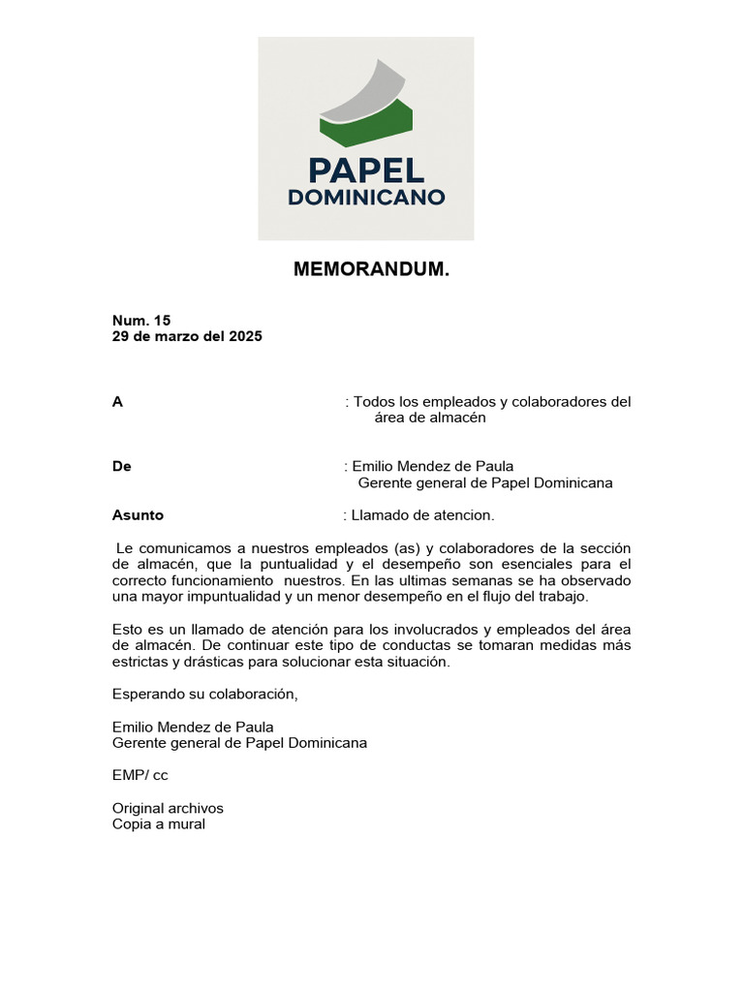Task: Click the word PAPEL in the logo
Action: click(x=366, y=170)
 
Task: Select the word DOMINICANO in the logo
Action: click(x=366, y=198)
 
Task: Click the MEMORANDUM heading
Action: click(x=371, y=270)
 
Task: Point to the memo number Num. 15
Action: click(x=141, y=320)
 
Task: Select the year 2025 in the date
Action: click(x=245, y=336)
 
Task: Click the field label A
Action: click(x=117, y=402)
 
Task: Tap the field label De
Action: click(x=122, y=466)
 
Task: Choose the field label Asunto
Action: click(x=138, y=515)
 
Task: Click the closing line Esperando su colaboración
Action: click(x=205, y=694)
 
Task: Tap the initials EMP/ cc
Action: click(x=140, y=775)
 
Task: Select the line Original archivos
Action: click(x=168, y=808)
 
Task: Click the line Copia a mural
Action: click(x=159, y=824)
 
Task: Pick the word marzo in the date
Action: click(x=174, y=336)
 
